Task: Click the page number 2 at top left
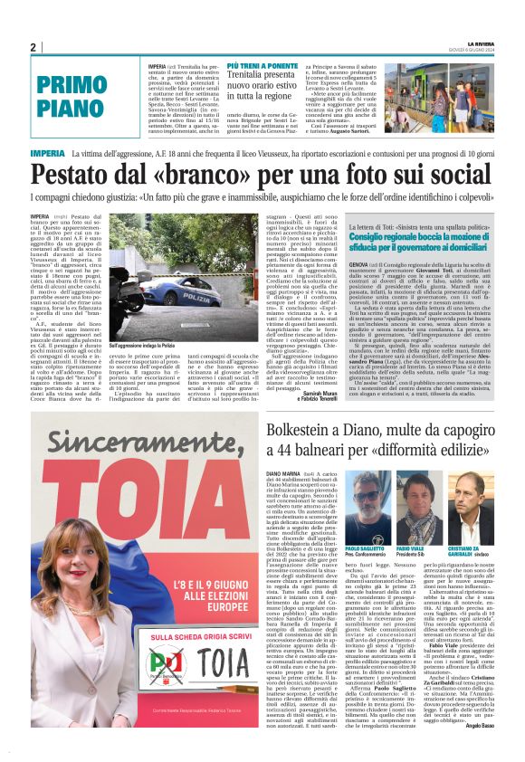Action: [33, 48]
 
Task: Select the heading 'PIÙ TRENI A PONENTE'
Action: [263, 67]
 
